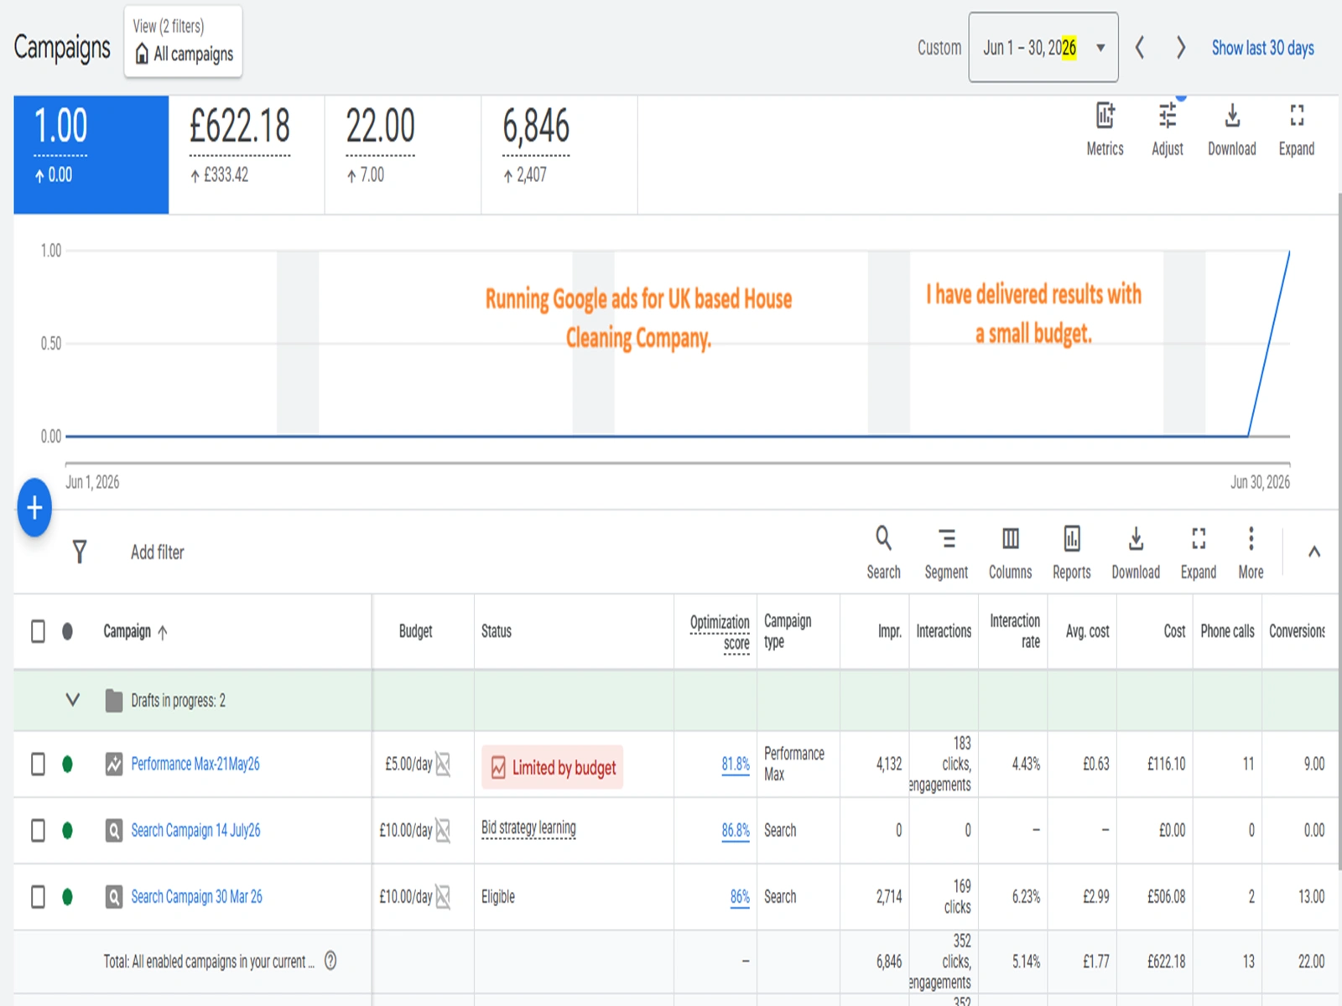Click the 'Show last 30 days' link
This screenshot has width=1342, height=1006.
pos(1262,49)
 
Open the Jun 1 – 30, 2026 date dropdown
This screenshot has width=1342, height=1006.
pos(1043,48)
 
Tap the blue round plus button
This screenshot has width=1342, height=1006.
pos(34,507)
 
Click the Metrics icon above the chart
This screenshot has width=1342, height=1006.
pos(1105,116)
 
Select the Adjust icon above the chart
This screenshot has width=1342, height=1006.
pos(1168,116)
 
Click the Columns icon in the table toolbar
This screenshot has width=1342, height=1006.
pos(1010,539)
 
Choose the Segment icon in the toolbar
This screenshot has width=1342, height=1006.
pos(946,539)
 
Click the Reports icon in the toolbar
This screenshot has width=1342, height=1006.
pos(1071,539)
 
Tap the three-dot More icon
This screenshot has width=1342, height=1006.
pos(1251,539)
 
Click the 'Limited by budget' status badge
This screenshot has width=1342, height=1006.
pos(552,767)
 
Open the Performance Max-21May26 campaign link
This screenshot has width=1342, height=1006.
pos(195,764)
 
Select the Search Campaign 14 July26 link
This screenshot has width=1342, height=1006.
pos(195,831)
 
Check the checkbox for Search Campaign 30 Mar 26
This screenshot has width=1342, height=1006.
pos(38,897)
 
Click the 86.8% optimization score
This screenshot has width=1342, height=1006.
pos(736,831)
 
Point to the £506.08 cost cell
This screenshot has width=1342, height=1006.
pos(1166,897)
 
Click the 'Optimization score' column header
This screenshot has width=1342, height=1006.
pos(720,632)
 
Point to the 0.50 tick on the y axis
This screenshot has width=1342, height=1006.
pos(51,344)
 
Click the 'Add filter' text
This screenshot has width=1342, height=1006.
pos(157,552)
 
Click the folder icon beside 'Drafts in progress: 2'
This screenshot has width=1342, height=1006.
pos(114,701)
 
